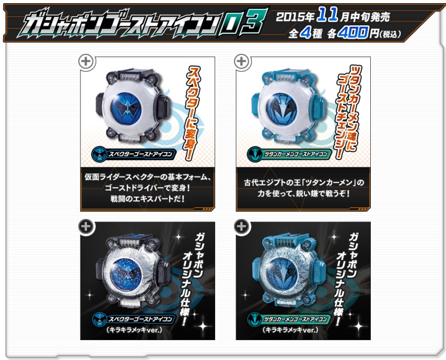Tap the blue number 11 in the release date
327,15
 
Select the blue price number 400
354,33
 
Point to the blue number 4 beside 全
304,33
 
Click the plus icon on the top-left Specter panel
86,62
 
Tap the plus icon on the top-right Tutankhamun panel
241,62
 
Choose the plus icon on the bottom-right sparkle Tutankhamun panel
241,227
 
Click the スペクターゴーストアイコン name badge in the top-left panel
133,154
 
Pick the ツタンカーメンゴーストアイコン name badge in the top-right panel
289,154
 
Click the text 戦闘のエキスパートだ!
148,199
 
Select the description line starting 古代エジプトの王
304,182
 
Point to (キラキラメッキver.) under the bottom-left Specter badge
134,330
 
